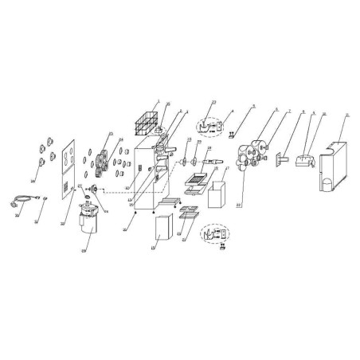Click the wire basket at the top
click(x=145, y=122)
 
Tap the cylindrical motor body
click(x=89, y=225)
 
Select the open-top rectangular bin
click(x=217, y=196)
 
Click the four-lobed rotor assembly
click(x=253, y=156)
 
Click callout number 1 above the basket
click(x=159, y=101)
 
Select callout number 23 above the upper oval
click(x=213, y=103)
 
